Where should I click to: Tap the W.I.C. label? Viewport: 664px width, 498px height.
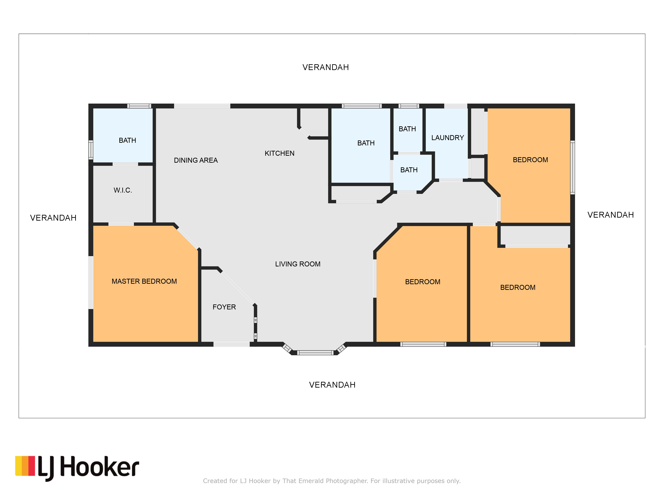[123, 190]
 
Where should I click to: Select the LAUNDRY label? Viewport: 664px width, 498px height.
[448, 138]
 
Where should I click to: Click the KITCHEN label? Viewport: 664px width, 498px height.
[280, 153]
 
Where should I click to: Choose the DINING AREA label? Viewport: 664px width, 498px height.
[196, 160]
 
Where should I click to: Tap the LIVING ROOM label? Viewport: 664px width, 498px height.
[298, 264]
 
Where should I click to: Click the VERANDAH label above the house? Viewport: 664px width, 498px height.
[326, 67]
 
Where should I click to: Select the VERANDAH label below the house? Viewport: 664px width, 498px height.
[332, 385]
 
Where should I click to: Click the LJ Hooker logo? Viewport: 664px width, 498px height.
[77, 468]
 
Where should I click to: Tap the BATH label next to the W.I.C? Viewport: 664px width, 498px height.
[128, 140]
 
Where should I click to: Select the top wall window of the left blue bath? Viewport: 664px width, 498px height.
[139, 106]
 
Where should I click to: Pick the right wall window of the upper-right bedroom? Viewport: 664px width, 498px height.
[572, 167]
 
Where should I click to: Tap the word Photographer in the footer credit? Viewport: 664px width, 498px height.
[347, 481]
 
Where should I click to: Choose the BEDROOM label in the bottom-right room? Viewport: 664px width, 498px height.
[518, 288]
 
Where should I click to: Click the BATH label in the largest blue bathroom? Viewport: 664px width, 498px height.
[366, 143]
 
